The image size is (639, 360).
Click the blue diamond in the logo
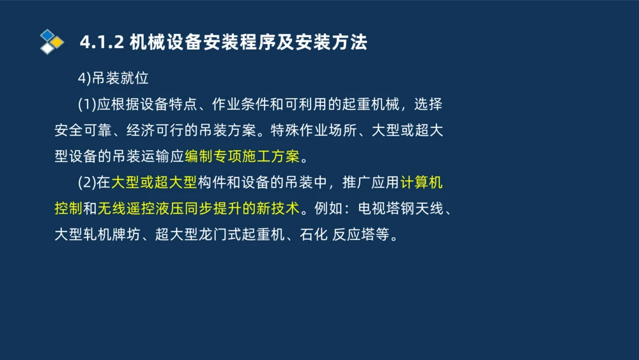coord(47,35)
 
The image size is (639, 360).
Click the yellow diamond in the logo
coord(58,42)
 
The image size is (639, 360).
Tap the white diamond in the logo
coord(47,48)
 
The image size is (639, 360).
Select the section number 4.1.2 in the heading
coord(102,43)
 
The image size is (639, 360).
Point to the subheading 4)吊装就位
coord(113,78)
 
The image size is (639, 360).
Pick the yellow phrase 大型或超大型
coord(154,183)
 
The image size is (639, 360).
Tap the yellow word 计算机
coord(422,183)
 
